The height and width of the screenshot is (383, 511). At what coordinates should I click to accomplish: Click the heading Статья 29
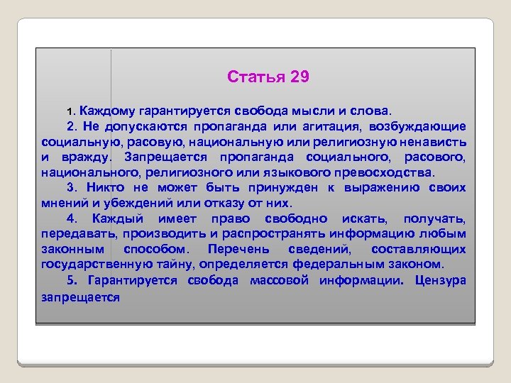coord(268,77)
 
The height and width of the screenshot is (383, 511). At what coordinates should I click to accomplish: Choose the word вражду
coord(85,157)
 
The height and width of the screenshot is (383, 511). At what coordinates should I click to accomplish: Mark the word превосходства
coord(394,172)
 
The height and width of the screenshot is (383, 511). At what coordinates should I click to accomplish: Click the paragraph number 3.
coord(71,187)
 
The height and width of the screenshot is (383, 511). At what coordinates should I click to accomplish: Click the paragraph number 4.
coord(71,218)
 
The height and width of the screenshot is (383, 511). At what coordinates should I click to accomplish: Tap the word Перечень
coord(238,249)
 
